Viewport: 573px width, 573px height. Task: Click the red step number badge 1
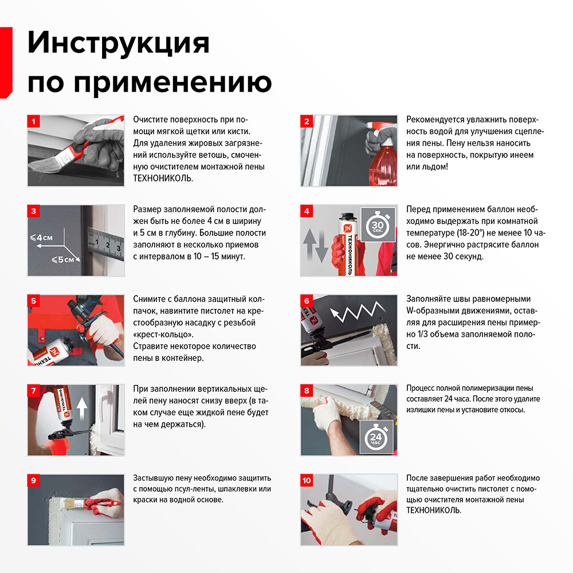tap(34, 121)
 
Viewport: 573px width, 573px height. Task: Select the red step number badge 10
tap(308, 480)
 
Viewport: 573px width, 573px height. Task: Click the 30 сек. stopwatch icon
tap(378, 226)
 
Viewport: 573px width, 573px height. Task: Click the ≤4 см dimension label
tap(42, 237)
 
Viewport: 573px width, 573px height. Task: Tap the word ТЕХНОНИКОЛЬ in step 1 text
tap(163, 178)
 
